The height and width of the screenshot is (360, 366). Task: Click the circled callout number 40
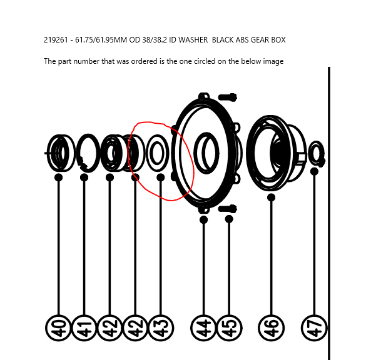[58, 328]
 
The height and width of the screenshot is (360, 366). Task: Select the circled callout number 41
[84, 328]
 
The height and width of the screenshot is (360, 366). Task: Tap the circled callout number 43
[161, 328]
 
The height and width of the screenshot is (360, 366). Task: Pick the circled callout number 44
[204, 328]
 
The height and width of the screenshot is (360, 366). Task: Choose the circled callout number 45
[229, 328]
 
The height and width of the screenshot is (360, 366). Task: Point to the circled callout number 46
[271, 328]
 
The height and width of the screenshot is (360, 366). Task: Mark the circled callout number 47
[315, 328]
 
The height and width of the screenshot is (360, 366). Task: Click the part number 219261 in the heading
[56, 40]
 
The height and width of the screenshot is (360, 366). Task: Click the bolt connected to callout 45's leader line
[228, 208]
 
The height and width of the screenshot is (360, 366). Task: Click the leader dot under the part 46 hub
[271, 197]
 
